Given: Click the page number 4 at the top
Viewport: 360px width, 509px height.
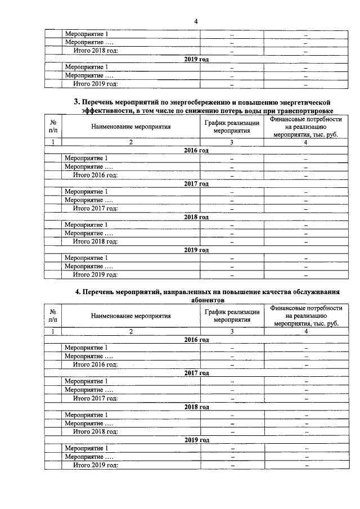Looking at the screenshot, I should coord(196,21).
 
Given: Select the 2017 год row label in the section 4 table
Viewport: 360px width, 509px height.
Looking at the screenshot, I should coord(196,373).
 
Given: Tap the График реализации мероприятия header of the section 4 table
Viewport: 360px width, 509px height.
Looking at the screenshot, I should coord(232,316).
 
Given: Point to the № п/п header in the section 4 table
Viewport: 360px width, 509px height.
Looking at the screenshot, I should coord(52,316).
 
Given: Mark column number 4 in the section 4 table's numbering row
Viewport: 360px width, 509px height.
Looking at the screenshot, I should coord(306,331).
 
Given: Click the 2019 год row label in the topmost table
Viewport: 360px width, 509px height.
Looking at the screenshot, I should coord(196,59).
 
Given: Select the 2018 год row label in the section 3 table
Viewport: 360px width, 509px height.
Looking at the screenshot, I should coord(196,217).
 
